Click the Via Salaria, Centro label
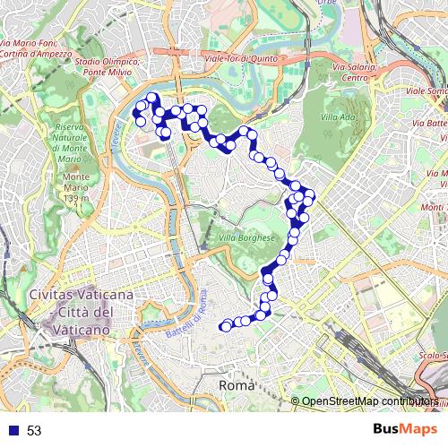[x=356, y=72]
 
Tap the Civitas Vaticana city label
[x=82, y=295]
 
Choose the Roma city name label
[x=237, y=384]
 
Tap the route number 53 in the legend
[x=34, y=431]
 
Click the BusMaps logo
[x=406, y=429]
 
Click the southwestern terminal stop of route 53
[x=225, y=327]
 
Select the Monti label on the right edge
[x=434, y=206]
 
